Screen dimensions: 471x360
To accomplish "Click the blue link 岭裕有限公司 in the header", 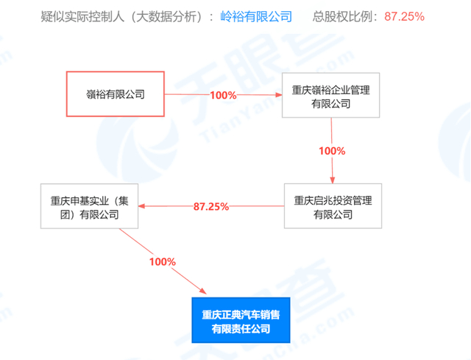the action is tap(256, 15).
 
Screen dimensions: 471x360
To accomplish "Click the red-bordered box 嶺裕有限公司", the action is tap(114, 94).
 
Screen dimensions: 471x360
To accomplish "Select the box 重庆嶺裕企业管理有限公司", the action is tap(331, 94).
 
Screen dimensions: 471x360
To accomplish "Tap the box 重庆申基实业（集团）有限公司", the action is tap(91, 206).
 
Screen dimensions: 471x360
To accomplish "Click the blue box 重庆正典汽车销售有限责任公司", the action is tap(241, 320).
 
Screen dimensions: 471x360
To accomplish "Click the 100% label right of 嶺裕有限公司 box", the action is tap(222, 95).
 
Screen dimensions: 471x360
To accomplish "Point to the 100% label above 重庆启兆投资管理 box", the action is tap(332, 151).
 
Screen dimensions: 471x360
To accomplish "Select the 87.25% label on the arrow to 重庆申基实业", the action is tap(212, 207).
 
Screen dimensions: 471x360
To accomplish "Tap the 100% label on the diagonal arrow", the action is tap(162, 261).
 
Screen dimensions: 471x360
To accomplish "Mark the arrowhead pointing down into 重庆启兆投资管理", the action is tap(333, 180).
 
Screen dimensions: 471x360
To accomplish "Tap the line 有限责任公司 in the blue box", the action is tap(241, 328).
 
